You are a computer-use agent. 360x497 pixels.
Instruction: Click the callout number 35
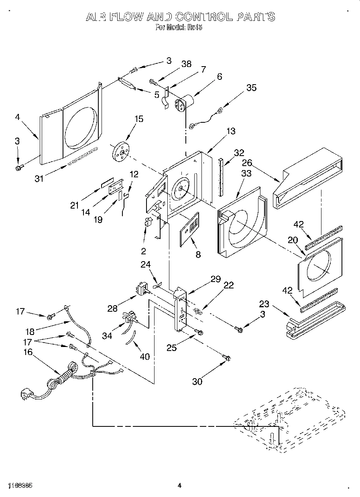(251, 88)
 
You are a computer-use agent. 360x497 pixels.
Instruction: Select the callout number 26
(247, 163)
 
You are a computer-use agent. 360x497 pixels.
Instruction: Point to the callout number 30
(197, 381)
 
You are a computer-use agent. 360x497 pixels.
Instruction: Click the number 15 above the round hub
(128, 119)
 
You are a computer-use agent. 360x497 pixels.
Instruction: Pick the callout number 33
(246, 173)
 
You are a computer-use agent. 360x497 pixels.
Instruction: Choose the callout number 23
(264, 304)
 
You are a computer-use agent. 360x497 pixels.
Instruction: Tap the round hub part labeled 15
(121, 151)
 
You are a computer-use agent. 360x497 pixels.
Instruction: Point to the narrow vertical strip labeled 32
(220, 176)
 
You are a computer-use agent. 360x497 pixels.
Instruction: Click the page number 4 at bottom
(180, 486)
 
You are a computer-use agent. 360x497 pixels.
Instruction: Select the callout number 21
(75, 205)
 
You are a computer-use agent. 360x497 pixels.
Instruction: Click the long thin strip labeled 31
(82, 156)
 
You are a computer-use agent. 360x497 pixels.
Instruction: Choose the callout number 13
(230, 131)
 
